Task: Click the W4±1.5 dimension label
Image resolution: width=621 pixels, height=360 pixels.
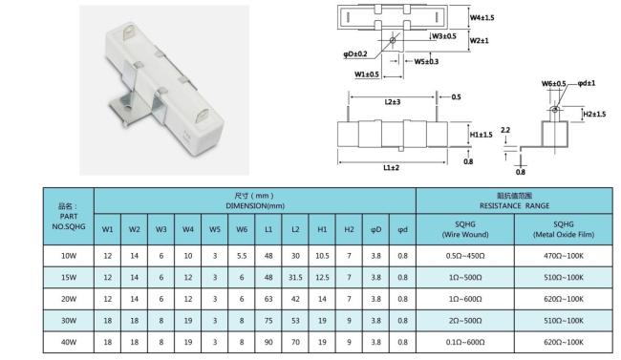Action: coord(482,17)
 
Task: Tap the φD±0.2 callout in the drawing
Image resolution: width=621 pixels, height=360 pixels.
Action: coord(355,53)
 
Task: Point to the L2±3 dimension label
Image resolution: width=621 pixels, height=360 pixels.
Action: coord(393,102)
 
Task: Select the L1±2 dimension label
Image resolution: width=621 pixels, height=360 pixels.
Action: coord(392,167)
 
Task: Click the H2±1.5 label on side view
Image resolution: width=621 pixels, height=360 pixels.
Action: coord(594,114)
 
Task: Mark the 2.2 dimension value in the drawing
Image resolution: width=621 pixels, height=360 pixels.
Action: coord(505,130)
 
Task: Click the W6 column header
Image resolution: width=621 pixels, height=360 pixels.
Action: coord(242,229)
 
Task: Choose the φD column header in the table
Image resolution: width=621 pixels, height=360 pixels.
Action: coord(375,229)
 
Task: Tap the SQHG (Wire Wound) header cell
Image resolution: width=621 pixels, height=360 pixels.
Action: coord(465,229)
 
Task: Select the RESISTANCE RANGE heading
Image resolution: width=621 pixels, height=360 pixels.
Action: coord(514,205)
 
